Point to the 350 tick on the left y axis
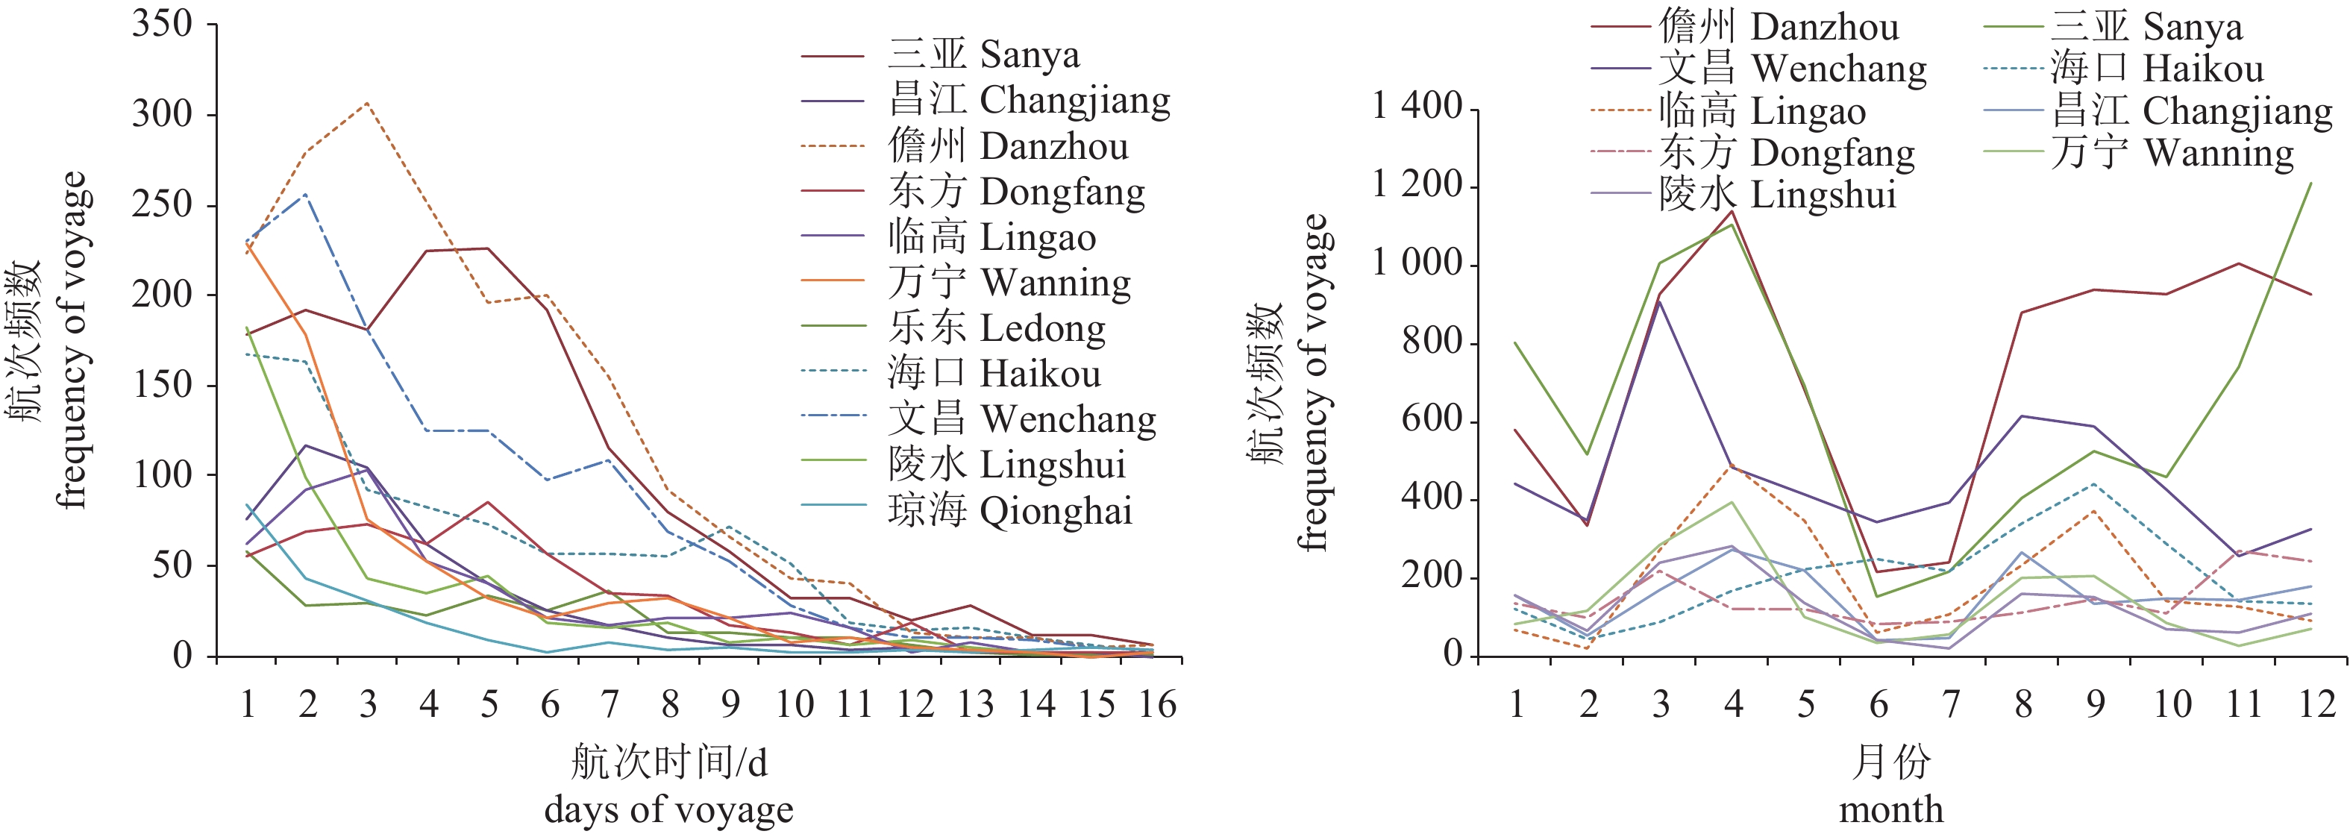[x=163, y=24]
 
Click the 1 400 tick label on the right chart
[x=1417, y=107]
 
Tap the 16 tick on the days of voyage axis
[x=1157, y=704]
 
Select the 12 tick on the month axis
[x=2316, y=704]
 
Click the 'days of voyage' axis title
[x=668, y=809]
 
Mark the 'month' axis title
[x=1891, y=809]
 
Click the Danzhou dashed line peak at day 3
[x=367, y=103]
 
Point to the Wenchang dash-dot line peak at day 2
[x=307, y=194]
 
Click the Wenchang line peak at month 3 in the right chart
[x=1661, y=301]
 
